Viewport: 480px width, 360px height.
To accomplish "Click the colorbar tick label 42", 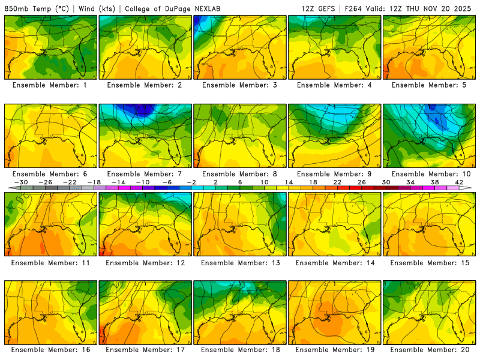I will pyautogui.click(x=458, y=182).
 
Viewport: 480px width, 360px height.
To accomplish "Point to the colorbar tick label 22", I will pyautogui.click(x=337, y=182).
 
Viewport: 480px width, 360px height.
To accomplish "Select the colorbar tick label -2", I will pyautogui.click(x=191, y=182).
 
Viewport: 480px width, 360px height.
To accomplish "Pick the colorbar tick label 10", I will pyautogui.click(x=265, y=182).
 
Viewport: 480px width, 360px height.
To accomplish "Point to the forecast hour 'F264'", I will pyautogui.click(x=354, y=8).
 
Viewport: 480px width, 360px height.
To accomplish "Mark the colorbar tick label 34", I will pyautogui.click(x=410, y=182).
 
